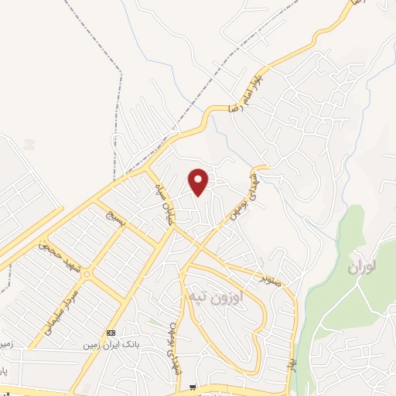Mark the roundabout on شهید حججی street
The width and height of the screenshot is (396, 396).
[87, 275]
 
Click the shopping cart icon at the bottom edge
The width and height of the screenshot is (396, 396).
[193, 388]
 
